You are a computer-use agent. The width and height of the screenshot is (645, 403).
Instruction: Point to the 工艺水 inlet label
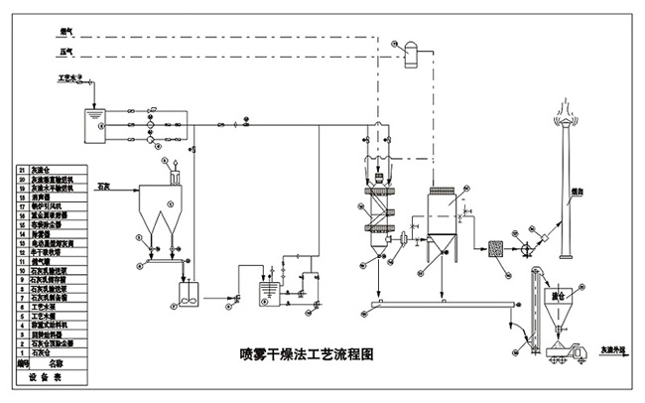point(70,77)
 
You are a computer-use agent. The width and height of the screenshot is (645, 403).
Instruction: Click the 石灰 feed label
point(101,185)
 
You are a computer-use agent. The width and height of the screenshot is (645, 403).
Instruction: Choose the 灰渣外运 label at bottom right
point(608,350)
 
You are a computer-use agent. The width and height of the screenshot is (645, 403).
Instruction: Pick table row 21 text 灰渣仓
point(47,170)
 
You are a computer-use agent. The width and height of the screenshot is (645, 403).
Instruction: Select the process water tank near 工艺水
point(95,118)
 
